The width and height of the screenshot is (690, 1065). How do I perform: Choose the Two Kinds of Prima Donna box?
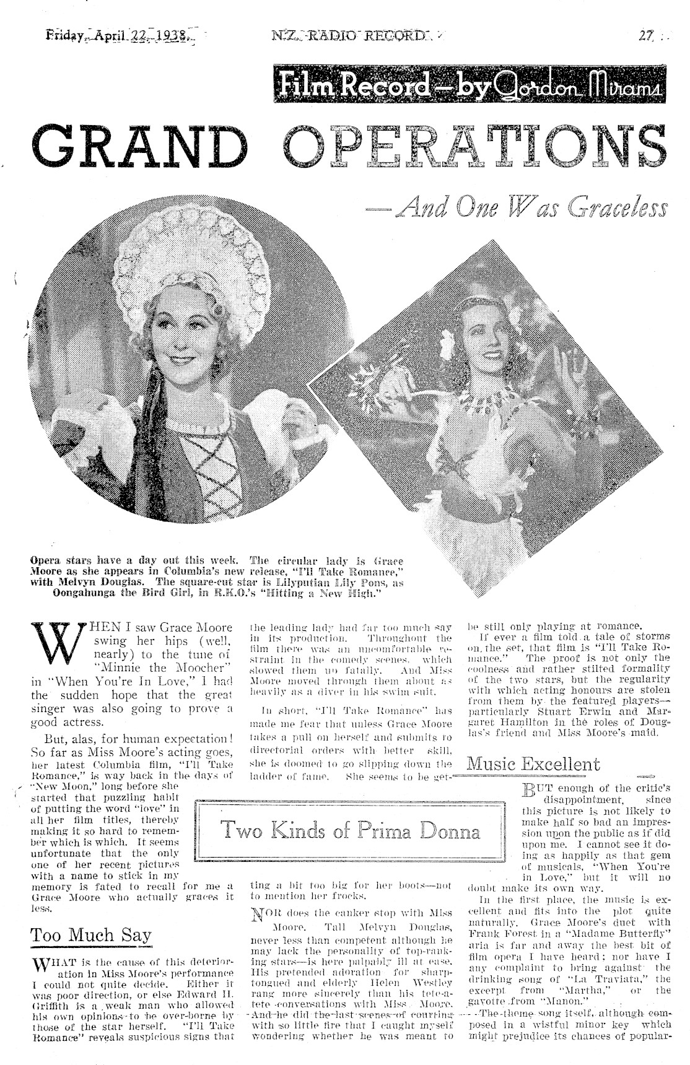click(351, 830)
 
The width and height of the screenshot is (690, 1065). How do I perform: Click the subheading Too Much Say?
click(91, 934)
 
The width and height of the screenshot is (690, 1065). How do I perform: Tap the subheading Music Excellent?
click(533, 763)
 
